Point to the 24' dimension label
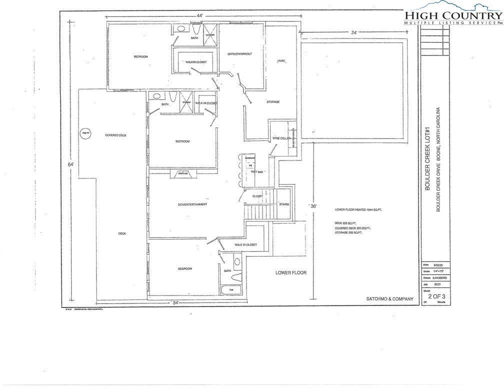click(354, 33)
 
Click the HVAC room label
click(280, 61)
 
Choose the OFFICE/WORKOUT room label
click(239, 53)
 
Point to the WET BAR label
click(257, 171)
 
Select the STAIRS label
click(284, 204)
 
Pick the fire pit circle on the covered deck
click(85, 133)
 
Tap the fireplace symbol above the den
click(181, 173)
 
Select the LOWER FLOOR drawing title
click(290, 273)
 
